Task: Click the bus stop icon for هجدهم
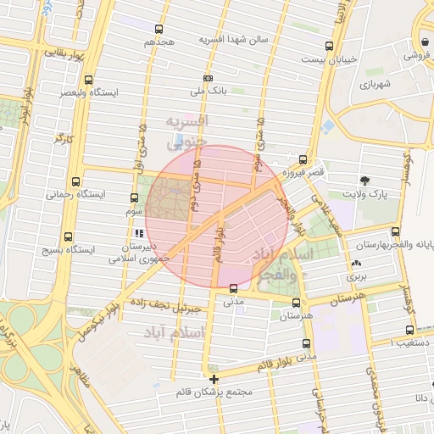tap(159, 29)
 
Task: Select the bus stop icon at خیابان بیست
tap(329, 46)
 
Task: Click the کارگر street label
tap(64, 138)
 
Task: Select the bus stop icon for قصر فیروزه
tap(303, 159)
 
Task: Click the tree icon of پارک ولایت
tap(365, 181)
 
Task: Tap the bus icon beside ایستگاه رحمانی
tap(76, 181)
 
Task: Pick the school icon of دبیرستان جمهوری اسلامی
tap(137, 233)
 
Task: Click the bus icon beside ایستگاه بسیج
tap(68, 237)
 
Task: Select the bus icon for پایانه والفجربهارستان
tap(395, 231)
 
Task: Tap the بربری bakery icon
tap(354, 264)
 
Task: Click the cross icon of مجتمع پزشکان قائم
tap(214, 379)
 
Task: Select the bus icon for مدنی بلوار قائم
tap(306, 343)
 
